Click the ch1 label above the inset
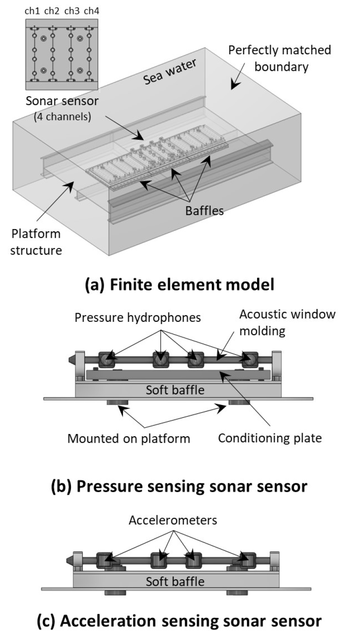pos(32,11)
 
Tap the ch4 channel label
pos(92,11)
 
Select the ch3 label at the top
pos(72,11)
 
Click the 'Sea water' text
pos(169,72)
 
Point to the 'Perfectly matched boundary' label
pos(279,59)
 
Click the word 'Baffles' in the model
pos(204,211)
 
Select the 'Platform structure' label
pos(36,242)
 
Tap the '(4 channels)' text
pos(63,116)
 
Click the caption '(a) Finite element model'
pos(180,284)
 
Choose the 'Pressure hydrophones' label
pos(138,317)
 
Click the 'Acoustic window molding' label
pos(287,322)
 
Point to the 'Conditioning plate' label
pos(270,438)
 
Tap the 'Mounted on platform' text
pos(129,439)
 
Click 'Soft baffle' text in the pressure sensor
pos(175,390)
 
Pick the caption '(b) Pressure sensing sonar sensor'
pos(179,486)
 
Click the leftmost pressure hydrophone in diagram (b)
pos(106,360)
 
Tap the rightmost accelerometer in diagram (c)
pos(247,560)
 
